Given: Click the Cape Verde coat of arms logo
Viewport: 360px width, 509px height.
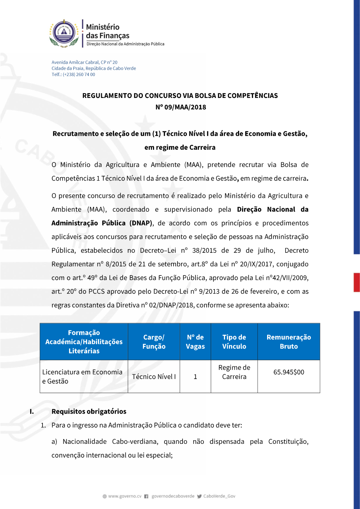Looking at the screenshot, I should (64, 33).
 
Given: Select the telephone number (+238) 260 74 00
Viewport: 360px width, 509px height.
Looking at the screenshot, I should (79, 75).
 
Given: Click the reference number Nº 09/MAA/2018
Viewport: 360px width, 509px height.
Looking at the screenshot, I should (180, 107).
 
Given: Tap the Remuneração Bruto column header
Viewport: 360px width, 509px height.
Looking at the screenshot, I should (289, 342).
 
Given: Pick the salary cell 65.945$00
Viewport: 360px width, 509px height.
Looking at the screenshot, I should (289, 372).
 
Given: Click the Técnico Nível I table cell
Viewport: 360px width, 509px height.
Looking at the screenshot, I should (154, 377).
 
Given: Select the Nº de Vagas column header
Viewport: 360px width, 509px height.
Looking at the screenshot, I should (195, 342).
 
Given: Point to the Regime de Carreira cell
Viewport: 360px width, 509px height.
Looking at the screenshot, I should (234, 372).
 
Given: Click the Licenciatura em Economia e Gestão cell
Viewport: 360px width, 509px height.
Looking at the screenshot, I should (82, 377).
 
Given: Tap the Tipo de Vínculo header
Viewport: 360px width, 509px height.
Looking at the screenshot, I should (234, 342).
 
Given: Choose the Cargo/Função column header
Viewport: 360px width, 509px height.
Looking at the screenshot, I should (154, 342).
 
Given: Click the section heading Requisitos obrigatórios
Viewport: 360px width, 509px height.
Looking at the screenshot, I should (89, 411).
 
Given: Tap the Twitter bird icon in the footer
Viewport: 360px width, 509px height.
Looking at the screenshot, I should (199, 496).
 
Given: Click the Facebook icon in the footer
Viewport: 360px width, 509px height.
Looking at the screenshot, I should (146, 496).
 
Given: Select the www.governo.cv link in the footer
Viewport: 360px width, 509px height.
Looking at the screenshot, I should (125, 496).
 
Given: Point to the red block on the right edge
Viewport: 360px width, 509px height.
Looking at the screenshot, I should (356, 282).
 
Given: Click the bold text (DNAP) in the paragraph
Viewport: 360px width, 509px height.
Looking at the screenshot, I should (141, 223).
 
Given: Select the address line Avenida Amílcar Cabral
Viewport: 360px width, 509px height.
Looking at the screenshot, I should (84, 62).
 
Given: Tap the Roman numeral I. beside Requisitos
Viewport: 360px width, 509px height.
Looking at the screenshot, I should (32, 411).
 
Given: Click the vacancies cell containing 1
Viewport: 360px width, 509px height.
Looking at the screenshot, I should (195, 377).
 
